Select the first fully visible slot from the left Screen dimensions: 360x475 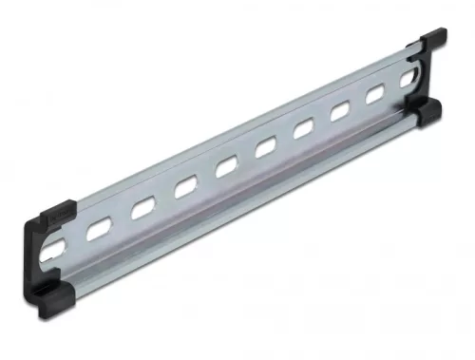click(x=98, y=228)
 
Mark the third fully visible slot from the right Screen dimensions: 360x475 click(x=304, y=128)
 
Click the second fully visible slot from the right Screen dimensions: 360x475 click(x=340, y=112)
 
